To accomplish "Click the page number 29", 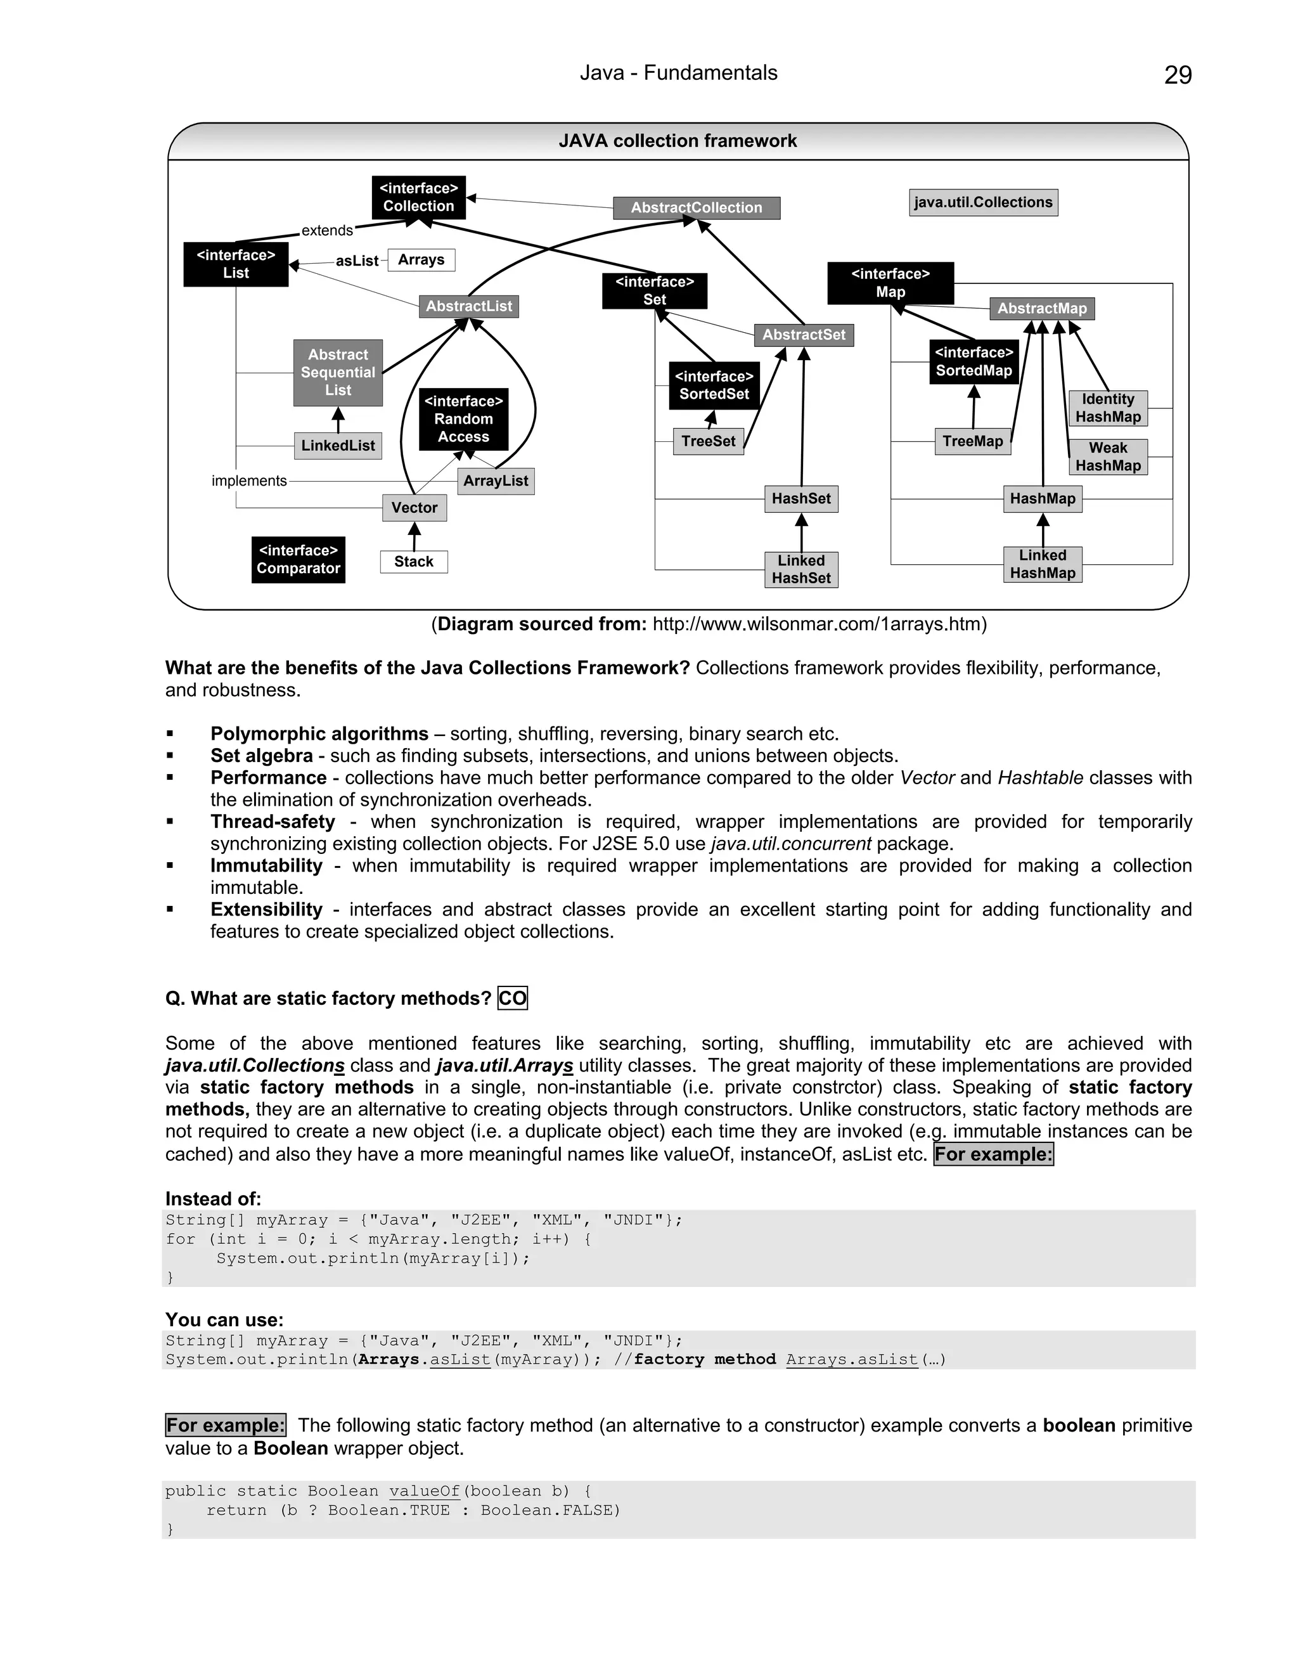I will (x=1178, y=75).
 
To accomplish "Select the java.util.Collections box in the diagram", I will (x=983, y=202).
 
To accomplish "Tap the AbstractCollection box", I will (x=696, y=208).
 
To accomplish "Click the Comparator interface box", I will (x=299, y=559).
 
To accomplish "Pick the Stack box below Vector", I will (x=414, y=562).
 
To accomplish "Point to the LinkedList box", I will (x=338, y=446).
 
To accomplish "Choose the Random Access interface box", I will (x=464, y=419).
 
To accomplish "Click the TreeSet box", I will (x=708, y=441).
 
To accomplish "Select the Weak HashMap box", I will (x=1107, y=457).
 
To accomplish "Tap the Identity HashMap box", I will (x=1107, y=408).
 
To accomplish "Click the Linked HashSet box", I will (x=801, y=569).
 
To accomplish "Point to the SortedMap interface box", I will (x=973, y=361).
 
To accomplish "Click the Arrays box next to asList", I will (x=421, y=260).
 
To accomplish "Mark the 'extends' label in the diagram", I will (x=327, y=230).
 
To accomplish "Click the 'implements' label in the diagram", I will (x=249, y=481).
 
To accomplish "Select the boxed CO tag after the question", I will (x=512, y=998).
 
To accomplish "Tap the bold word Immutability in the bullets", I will (x=266, y=865).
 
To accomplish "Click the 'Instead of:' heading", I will (x=213, y=1198).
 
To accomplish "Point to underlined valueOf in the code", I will (x=424, y=1491).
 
